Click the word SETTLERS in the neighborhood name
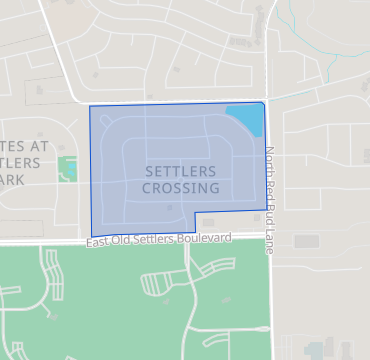182,171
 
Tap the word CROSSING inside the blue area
182,187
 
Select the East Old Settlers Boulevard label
159,239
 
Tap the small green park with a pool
68,168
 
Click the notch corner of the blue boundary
195,212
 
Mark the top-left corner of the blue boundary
90,106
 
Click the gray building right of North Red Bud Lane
306,241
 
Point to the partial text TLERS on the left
22,162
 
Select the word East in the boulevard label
96,243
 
